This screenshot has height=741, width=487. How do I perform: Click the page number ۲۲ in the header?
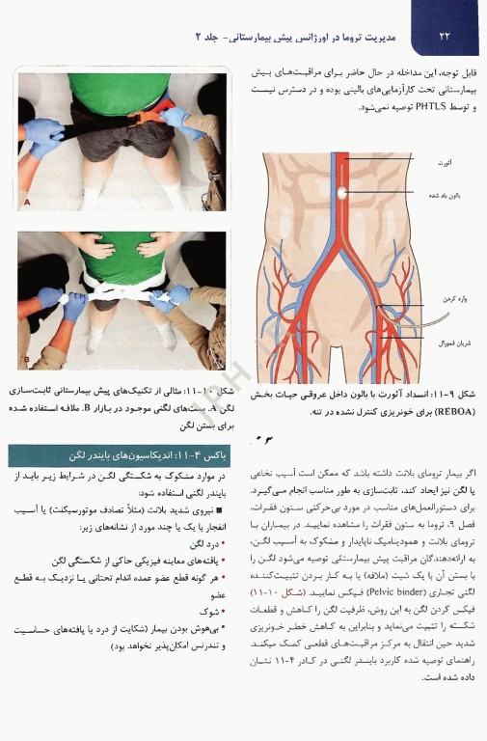tap(445, 37)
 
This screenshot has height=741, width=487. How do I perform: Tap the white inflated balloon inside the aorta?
tap(342, 194)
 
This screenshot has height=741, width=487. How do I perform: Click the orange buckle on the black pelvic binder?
tap(152, 116)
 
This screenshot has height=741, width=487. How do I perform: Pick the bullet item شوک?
tap(213, 610)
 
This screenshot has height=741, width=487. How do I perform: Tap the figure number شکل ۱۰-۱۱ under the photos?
tap(213, 392)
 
